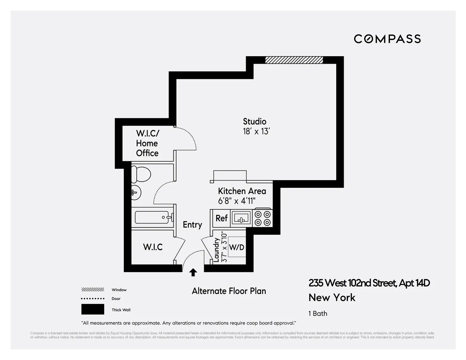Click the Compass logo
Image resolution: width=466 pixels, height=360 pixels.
click(x=387, y=39)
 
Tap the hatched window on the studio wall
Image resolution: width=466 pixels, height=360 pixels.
click(x=294, y=60)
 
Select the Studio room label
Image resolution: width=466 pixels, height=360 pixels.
click(x=255, y=121)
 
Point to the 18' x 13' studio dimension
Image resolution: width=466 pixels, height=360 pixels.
click(x=256, y=132)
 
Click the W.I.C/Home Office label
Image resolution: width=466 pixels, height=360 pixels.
click(x=147, y=143)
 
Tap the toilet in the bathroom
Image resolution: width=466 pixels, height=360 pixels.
click(x=141, y=174)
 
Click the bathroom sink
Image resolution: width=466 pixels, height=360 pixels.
click(x=136, y=191)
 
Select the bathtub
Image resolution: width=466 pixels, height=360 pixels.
click(x=152, y=218)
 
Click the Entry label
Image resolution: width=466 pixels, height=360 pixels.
click(x=192, y=225)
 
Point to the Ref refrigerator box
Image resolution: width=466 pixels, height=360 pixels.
click(x=221, y=218)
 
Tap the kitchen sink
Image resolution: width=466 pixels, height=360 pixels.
click(x=242, y=218)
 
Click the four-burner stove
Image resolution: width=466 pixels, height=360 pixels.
click(x=262, y=218)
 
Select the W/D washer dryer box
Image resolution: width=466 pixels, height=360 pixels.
click(x=236, y=247)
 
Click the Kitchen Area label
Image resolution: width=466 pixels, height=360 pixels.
click(x=242, y=191)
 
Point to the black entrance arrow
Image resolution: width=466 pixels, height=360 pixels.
click(x=193, y=273)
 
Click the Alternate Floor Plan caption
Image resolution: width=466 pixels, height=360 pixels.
click(x=229, y=291)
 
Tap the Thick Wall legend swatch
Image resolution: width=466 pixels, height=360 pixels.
click(x=92, y=309)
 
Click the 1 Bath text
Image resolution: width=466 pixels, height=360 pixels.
click(x=318, y=313)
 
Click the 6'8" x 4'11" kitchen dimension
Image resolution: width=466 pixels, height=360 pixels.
click(x=239, y=201)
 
